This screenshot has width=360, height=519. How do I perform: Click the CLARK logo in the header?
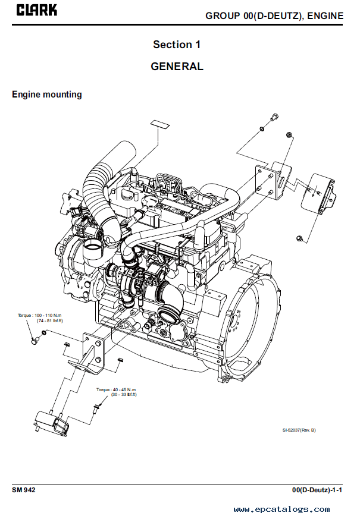coord(37,10)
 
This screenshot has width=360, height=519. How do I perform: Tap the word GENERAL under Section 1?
coord(177,67)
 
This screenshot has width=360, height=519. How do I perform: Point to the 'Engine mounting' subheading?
coord(47,95)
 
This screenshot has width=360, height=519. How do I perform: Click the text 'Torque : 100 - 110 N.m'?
coord(40,314)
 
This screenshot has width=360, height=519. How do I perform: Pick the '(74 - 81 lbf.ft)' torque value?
coord(49,320)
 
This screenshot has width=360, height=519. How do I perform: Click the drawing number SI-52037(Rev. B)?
coord(299,430)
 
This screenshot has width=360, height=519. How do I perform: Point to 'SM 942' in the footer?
coord(24,490)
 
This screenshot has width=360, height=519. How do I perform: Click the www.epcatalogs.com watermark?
coord(281,509)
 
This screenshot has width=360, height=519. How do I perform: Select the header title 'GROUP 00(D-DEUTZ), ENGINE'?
coord(274,15)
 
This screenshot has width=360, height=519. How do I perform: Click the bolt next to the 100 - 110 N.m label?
coord(35,341)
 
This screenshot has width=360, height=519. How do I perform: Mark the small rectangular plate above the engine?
coord(159,124)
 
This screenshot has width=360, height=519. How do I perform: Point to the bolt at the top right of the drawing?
coord(273,117)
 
